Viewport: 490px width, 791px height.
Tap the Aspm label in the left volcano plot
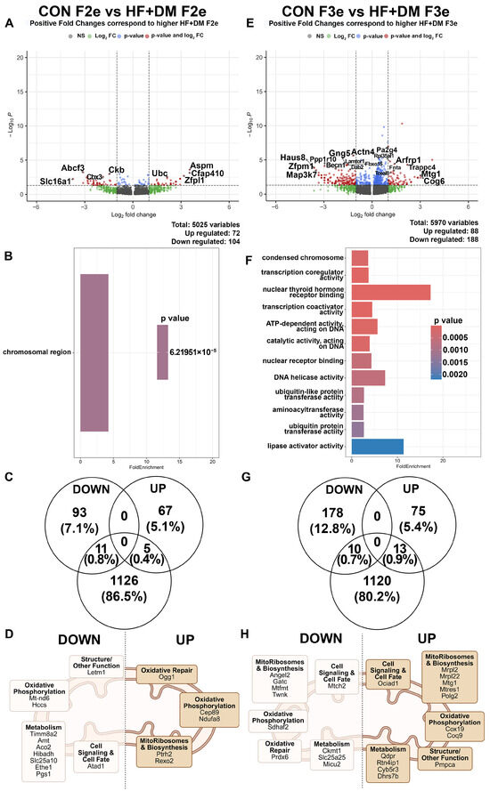201,165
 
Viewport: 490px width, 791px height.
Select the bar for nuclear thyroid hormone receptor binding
391,292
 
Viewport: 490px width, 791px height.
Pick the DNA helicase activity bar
369,378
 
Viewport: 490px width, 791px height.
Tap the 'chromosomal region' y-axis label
41,353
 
